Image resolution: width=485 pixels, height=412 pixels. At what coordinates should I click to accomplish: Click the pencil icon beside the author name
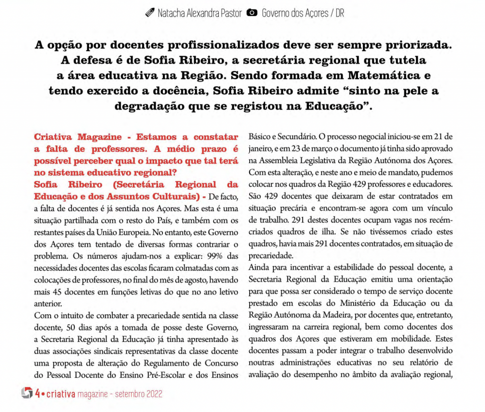150,13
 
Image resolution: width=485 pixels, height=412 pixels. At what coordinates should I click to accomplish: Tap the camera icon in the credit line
253,13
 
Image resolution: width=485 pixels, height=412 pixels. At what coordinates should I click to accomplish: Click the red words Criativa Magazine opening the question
78,137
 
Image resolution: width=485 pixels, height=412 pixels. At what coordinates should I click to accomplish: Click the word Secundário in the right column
291,137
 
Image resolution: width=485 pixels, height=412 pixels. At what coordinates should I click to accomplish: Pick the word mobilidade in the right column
407,339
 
